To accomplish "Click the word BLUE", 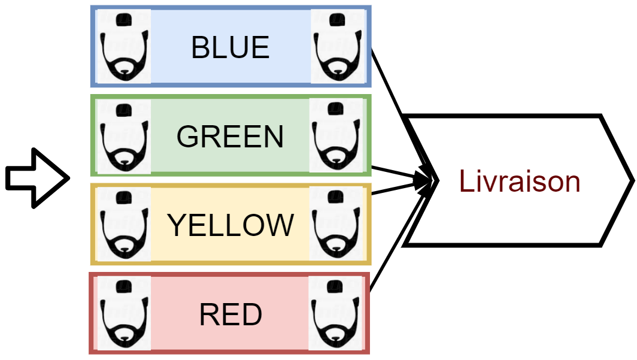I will [x=230, y=48].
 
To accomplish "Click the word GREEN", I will [x=230, y=137].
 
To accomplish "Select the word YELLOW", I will [x=230, y=225].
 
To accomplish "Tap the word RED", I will [x=230, y=314].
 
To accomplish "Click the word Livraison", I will [x=520, y=181].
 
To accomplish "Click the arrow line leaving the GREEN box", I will [x=395, y=172].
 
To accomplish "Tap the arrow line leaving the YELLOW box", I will [x=395, y=189].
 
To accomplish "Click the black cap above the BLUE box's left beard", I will [x=124, y=20].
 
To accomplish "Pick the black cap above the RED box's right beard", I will [x=336, y=286].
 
